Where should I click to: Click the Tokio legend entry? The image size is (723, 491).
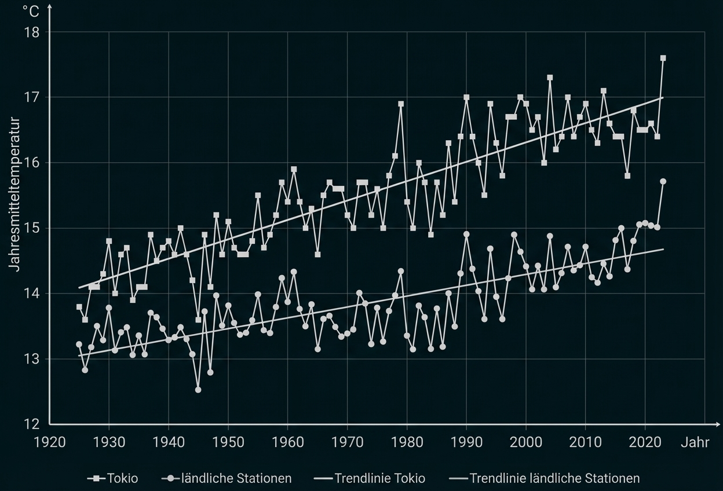tap(114, 478)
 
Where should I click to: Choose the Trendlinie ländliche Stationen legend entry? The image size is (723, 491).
tap(545, 478)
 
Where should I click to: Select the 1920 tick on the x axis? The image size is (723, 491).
tap(50, 442)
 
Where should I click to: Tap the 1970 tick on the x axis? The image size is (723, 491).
tap(347, 442)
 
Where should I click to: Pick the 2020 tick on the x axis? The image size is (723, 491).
tap(645, 442)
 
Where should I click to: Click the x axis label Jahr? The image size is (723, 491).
tap(695, 442)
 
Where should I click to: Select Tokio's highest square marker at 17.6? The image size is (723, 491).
tap(663, 58)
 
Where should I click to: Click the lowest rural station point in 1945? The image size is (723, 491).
tap(198, 390)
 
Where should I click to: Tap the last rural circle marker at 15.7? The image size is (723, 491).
tap(663, 181)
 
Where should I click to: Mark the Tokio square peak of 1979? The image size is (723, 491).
tap(401, 104)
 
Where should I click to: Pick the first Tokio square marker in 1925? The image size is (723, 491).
tap(79, 307)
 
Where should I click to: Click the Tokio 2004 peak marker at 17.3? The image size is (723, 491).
tap(550, 78)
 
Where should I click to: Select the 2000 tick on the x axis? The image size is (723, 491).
tap(526, 442)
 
